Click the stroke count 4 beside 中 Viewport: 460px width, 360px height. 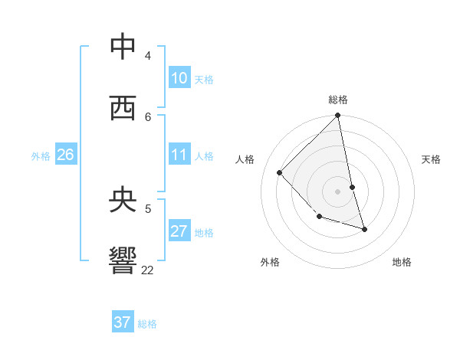(x=148, y=56)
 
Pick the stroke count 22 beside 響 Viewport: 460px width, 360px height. (x=147, y=270)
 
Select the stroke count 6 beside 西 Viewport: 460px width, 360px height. (x=148, y=116)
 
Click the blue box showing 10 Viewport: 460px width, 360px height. (x=179, y=78)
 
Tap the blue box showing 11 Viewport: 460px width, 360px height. (x=179, y=155)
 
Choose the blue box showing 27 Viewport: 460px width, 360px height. (x=179, y=231)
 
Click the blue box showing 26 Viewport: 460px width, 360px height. (x=65, y=155)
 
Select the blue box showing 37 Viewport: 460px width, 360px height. (x=122, y=322)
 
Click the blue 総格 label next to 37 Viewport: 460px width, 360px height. (x=147, y=324)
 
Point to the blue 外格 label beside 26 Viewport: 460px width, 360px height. (x=41, y=156)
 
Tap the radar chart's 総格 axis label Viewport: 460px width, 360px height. (x=338, y=100)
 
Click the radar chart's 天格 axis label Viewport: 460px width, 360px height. (x=431, y=159)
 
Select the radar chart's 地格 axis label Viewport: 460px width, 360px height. (x=402, y=262)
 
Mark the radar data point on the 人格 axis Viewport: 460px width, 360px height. (x=280, y=172)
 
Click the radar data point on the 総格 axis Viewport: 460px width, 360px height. (x=338, y=116)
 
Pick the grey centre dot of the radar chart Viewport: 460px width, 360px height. (x=338, y=191)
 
